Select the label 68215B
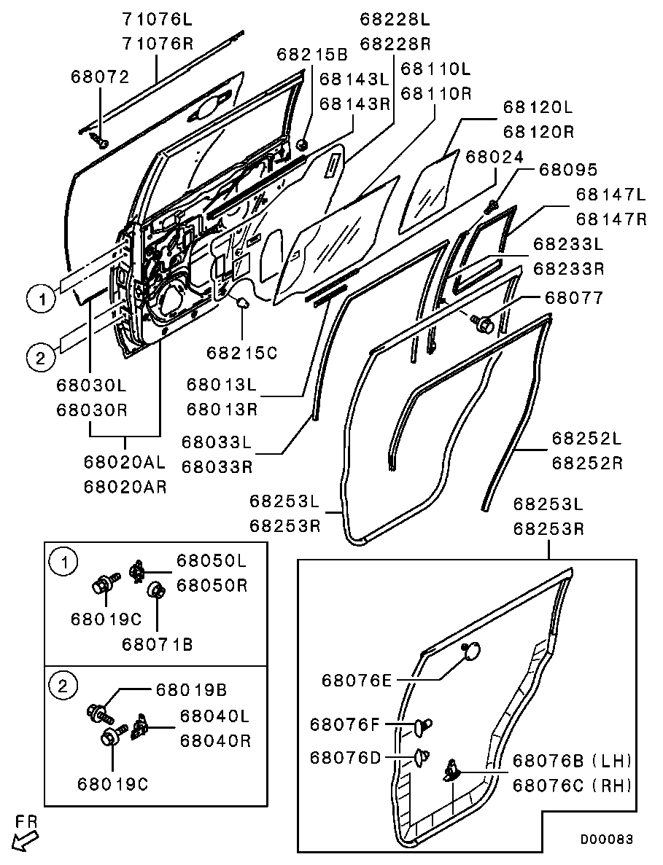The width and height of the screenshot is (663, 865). (x=312, y=54)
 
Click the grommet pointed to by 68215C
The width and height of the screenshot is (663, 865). (x=242, y=303)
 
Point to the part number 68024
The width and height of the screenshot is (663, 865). (x=495, y=157)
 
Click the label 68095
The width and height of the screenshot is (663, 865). (x=568, y=169)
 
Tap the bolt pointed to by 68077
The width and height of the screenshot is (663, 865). (x=483, y=323)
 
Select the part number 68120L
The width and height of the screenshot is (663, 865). (x=538, y=106)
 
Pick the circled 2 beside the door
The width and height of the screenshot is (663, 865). (x=40, y=359)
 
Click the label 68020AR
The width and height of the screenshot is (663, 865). (x=125, y=487)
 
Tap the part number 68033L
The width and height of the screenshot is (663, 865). (x=217, y=442)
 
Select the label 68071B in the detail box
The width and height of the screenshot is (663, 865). (x=158, y=643)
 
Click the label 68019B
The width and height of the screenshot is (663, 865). (x=191, y=689)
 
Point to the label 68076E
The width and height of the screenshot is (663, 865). (x=357, y=680)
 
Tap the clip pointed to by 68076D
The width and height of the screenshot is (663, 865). (x=422, y=757)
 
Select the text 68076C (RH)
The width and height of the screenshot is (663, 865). (x=572, y=785)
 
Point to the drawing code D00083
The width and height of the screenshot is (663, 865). (x=606, y=839)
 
